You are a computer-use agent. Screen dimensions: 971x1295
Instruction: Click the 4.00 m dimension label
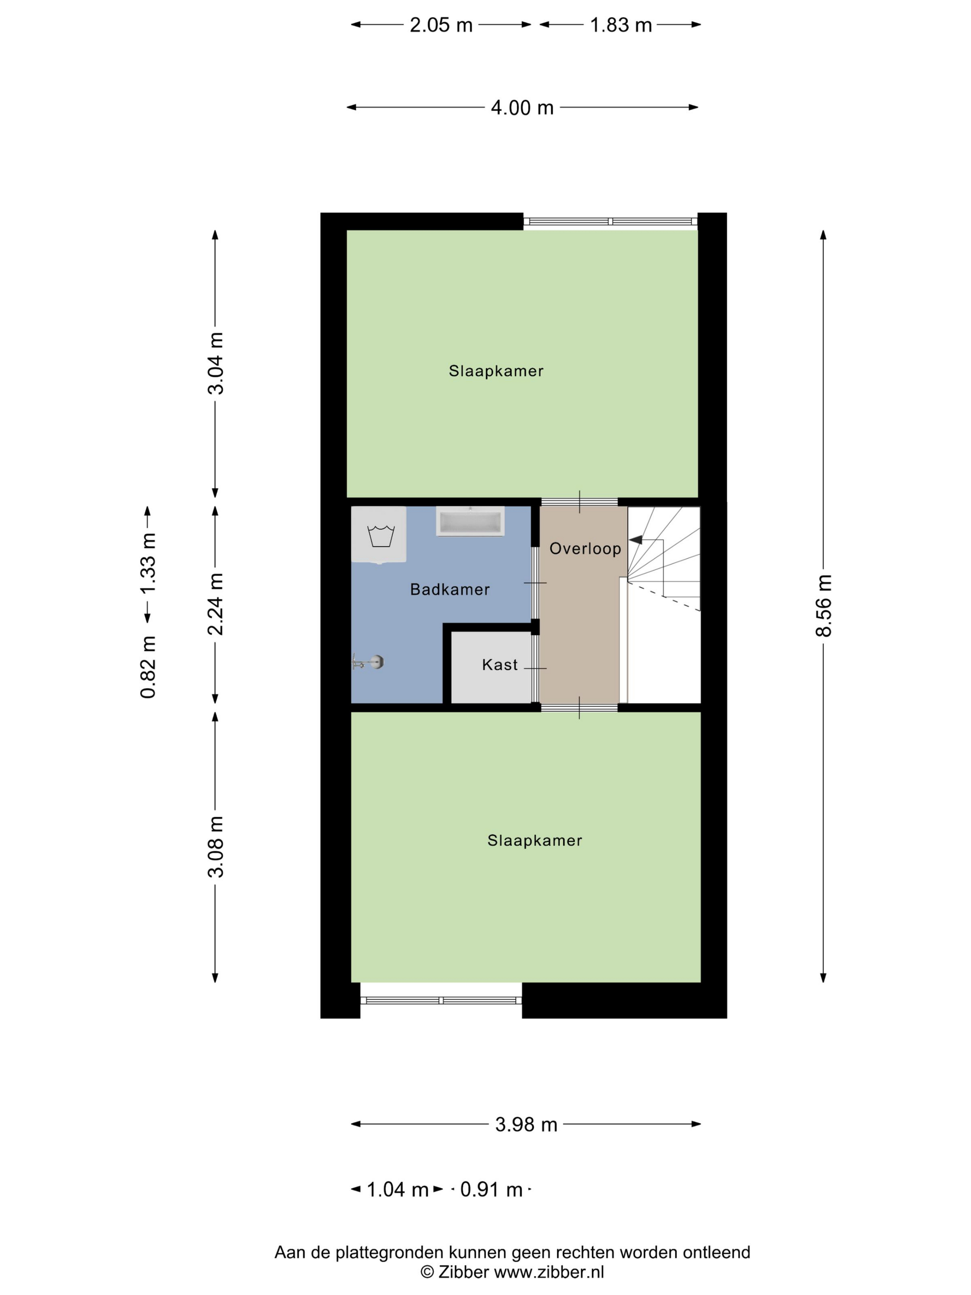click(522, 108)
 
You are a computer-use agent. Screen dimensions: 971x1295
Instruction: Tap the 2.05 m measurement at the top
click(441, 25)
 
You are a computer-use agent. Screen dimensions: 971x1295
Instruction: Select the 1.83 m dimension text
click(621, 25)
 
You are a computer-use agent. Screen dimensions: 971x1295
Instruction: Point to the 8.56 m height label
click(823, 605)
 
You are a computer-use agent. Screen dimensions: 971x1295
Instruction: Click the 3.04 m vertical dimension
click(216, 363)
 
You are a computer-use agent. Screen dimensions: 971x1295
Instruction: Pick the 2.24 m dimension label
click(216, 604)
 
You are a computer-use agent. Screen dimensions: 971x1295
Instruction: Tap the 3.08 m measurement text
click(216, 846)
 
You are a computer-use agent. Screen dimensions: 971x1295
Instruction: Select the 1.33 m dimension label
click(147, 562)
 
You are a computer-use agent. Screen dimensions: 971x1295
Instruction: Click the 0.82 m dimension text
click(147, 667)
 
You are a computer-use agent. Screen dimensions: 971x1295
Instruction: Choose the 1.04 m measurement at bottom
click(397, 1190)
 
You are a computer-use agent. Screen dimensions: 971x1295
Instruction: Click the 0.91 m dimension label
click(491, 1190)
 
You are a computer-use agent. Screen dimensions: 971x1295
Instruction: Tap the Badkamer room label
click(449, 590)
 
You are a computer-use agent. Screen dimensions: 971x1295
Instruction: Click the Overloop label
click(585, 549)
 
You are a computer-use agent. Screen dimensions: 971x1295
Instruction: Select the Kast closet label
click(499, 665)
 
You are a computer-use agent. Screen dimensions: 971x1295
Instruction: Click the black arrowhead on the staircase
click(635, 540)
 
